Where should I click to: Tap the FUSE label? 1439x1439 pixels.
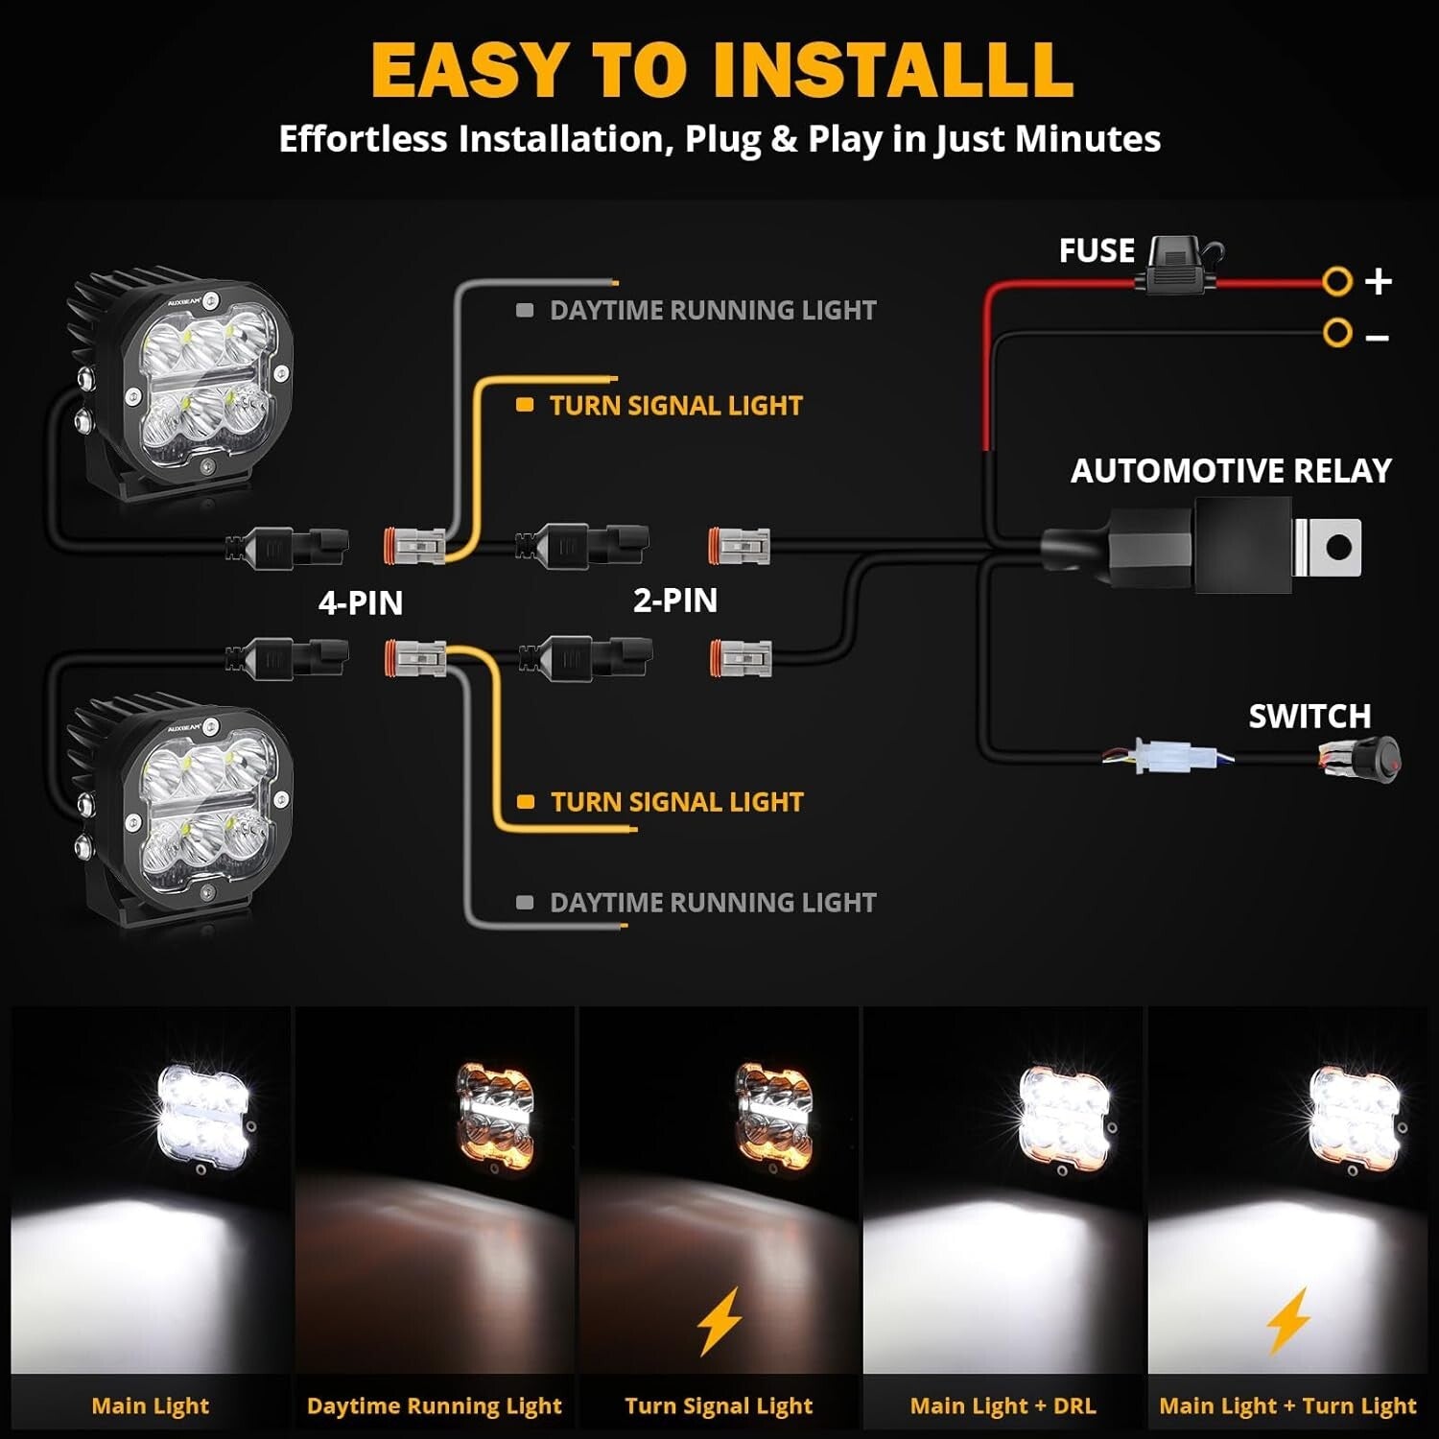[x=1096, y=250]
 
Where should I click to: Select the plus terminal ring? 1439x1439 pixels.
[x=1336, y=282]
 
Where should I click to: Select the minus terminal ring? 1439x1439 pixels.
[x=1336, y=333]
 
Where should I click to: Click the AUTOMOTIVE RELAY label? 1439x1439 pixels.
[x=1230, y=470]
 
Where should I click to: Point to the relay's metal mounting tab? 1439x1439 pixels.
[x=1329, y=548]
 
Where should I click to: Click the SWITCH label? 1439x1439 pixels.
[x=1309, y=717]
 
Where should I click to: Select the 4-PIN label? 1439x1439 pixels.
[x=360, y=602]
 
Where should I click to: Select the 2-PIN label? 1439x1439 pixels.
[x=674, y=600]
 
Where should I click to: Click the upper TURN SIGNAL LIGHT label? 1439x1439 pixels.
[x=674, y=406]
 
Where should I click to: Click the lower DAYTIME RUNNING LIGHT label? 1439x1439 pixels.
[x=712, y=903]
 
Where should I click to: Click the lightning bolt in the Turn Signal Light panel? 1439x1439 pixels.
[x=719, y=1321]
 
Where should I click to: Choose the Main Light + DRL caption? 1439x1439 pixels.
[x=1003, y=1405]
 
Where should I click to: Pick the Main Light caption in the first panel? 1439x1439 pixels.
[x=150, y=1405]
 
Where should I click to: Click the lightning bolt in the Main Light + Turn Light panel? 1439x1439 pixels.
[x=1288, y=1321]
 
